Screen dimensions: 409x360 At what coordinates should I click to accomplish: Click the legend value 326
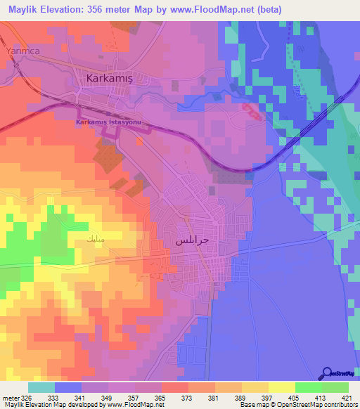tap(27, 397)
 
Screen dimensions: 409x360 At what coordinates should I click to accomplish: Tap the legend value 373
tap(187, 397)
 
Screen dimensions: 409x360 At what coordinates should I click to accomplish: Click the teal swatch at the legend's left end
tap(41, 387)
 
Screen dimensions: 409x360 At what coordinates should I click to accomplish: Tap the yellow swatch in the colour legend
tap(281, 387)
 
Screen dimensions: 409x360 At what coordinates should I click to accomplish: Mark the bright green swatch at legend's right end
tap(335, 387)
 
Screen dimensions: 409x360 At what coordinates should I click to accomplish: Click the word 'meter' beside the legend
tap(10, 397)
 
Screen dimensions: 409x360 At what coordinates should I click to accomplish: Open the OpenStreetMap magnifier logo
tap(326, 375)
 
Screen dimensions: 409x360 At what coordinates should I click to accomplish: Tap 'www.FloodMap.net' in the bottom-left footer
tap(133, 405)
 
